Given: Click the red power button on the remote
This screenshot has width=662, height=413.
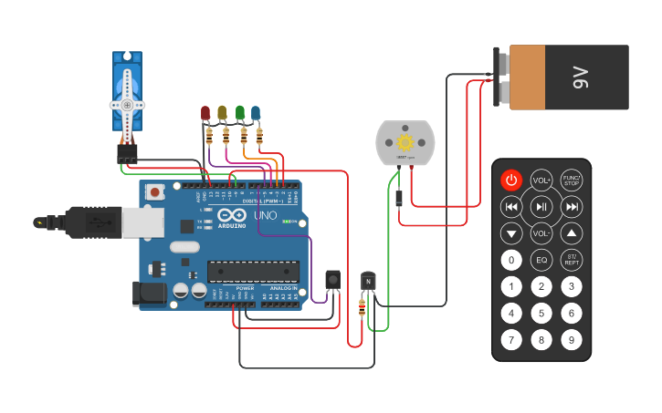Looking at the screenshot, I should pos(511,180).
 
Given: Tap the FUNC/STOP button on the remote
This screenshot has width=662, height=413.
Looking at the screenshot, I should pos(572,180).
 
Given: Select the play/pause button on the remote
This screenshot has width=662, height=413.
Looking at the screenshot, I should pos(541,207).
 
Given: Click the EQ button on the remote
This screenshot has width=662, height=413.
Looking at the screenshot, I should pos(541,261).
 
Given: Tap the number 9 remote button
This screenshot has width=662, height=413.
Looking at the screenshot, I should pos(572,341).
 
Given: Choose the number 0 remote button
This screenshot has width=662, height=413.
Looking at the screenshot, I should pos(511,261).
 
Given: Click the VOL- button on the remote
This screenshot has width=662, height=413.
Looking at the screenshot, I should pos(541,234).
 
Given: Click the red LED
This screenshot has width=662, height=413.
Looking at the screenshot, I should pos(206,113).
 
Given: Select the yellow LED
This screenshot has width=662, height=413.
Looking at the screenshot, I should pos(222,113).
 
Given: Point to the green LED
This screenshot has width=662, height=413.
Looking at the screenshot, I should pos(239,113).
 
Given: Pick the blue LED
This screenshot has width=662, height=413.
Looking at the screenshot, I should pos(256,113).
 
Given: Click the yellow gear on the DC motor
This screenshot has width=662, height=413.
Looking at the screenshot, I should pos(405,143).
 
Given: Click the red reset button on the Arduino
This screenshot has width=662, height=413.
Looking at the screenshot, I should pos(156,191).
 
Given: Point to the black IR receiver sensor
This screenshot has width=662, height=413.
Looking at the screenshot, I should pos(333,279).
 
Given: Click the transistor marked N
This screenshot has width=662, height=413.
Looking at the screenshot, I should pos(368,282).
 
